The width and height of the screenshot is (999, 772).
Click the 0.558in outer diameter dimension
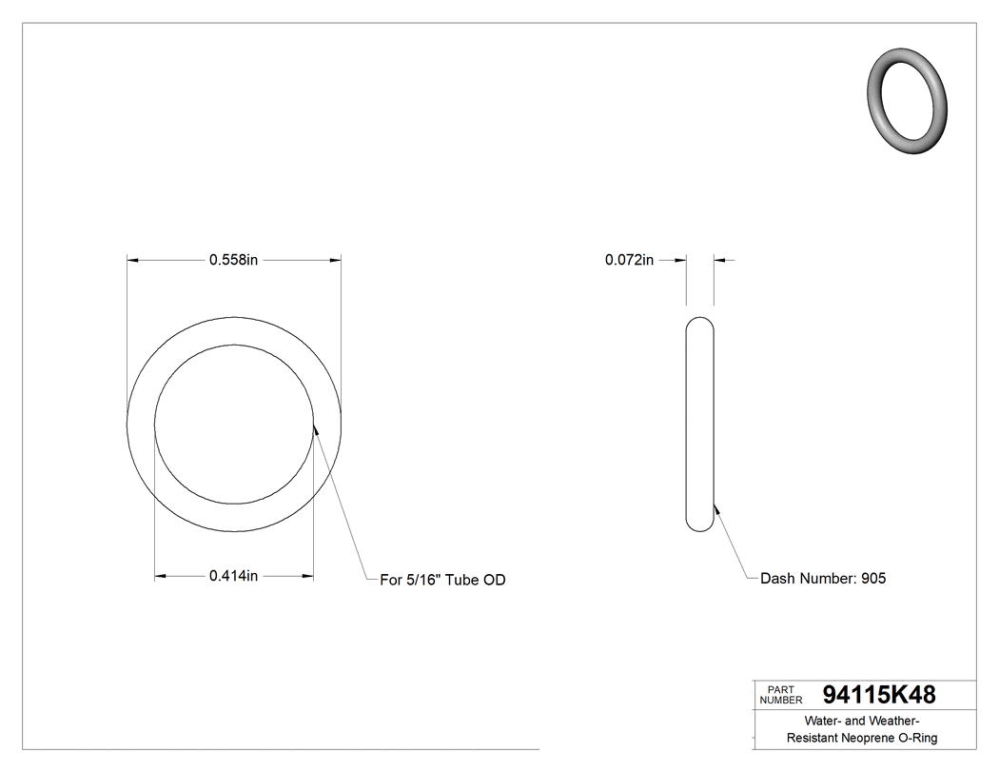(x=234, y=260)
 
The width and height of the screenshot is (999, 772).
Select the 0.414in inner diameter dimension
(x=234, y=576)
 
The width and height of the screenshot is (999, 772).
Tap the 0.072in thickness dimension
(x=629, y=260)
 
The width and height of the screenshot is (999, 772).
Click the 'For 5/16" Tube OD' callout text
(x=442, y=580)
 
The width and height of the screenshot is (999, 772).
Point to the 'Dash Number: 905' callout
(x=823, y=578)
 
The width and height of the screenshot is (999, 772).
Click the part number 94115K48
(x=878, y=694)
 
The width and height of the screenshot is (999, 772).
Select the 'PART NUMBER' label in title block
(x=780, y=695)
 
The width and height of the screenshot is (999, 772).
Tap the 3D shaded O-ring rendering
(x=909, y=100)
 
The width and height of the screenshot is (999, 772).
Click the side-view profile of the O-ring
(x=699, y=424)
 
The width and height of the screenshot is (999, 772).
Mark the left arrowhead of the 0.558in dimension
(x=133, y=259)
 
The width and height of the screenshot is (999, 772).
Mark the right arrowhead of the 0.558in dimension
(x=335, y=259)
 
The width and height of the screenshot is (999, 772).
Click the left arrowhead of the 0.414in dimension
(x=161, y=576)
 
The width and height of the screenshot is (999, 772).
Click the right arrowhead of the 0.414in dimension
(x=307, y=576)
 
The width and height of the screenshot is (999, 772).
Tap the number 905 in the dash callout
(x=873, y=578)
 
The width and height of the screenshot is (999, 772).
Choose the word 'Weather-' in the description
(x=894, y=721)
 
